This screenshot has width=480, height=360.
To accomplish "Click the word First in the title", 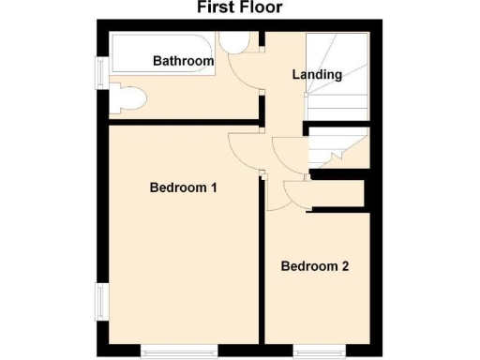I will [x=216, y=8].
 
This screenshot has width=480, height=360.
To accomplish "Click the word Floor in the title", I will [x=260, y=8].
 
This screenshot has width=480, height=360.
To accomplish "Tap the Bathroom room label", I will [x=183, y=61].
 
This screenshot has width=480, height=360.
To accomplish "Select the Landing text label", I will [x=317, y=74].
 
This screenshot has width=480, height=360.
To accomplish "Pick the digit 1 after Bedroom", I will [x=214, y=187].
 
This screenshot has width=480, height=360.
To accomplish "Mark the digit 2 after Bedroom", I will [x=345, y=266].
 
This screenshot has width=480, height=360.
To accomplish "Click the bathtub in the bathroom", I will [x=159, y=54].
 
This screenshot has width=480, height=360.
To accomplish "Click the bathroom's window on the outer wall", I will [x=98, y=73].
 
